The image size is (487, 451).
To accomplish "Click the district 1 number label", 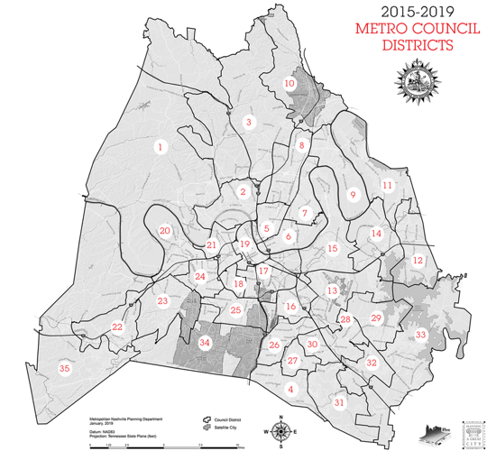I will [161, 147].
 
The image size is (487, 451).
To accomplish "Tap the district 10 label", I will [289, 84].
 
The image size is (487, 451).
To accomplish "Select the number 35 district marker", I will [64, 368].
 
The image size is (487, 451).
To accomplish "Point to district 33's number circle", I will [419, 335].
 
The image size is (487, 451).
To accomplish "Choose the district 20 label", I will [164, 231].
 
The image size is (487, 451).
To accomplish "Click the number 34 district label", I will [205, 343].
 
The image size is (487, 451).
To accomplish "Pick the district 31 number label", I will [339, 403].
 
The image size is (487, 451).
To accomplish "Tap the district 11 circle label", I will [387, 186].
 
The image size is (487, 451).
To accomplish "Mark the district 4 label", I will [289, 389].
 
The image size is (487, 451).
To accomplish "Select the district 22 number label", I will [117, 327].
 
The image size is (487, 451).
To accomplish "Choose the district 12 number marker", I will [417, 260].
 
